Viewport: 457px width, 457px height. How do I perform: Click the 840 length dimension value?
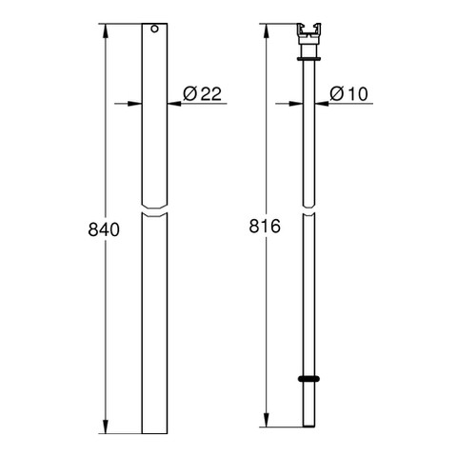[104, 229]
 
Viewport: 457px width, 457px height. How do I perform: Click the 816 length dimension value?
[265, 227]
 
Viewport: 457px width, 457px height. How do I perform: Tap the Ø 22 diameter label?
[202, 93]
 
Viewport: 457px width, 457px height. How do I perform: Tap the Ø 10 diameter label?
[348, 93]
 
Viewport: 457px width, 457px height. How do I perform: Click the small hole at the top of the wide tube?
[154, 29]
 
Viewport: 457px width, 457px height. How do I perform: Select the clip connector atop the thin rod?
[308, 34]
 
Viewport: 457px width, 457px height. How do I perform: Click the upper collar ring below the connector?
[309, 58]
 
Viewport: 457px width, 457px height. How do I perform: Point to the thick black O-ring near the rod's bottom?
[308, 379]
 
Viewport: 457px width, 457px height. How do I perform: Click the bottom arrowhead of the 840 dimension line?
[106, 427]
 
